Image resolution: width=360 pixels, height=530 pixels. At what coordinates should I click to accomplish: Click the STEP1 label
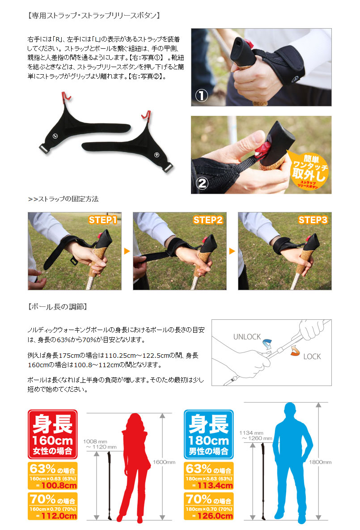pyautogui.click(x=102, y=220)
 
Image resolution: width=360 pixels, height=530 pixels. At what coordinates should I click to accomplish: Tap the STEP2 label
pyautogui.click(x=208, y=220)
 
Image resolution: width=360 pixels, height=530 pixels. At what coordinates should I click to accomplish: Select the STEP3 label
pyautogui.click(x=313, y=220)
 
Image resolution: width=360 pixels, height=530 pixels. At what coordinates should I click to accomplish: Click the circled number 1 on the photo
pyautogui.click(x=201, y=96)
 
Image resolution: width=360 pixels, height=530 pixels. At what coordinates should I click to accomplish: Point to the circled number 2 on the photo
pyautogui.click(x=202, y=183)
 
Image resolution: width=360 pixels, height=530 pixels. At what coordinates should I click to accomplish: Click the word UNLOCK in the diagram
pyautogui.click(x=247, y=337)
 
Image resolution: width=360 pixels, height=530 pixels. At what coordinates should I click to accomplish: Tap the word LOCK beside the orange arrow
pyautogui.click(x=312, y=356)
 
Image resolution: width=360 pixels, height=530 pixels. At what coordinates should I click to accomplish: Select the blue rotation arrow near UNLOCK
pyautogui.click(x=267, y=344)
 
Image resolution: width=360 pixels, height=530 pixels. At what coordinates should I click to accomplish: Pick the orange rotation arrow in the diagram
pyautogui.click(x=295, y=351)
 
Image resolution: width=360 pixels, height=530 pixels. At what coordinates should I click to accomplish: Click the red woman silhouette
pyautogui.click(x=135, y=466)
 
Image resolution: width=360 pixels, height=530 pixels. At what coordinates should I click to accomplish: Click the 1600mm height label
pyautogui.click(x=164, y=462)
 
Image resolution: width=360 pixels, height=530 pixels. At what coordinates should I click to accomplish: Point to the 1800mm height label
pyautogui.click(x=320, y=462)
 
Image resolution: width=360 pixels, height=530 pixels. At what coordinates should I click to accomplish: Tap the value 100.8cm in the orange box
pyautogui.click(x=59, y=485)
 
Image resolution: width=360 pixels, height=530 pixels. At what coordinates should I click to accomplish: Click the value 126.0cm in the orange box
pyautogui.click(x=215, y=516)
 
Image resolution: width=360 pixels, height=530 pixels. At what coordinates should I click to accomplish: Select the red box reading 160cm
pyautogui.click(x=52, y=434)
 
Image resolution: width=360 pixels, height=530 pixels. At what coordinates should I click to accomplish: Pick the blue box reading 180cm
pyautogui.click(x=208, y=434)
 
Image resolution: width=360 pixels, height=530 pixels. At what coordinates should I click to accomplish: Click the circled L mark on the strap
pyautogui.click(x=55, y=136)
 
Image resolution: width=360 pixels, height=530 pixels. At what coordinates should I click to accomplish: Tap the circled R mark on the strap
pyautogui.click(x=157, y=155)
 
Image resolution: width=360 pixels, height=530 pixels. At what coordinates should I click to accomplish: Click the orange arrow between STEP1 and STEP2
pyautogui.click(x=127, y=251)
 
